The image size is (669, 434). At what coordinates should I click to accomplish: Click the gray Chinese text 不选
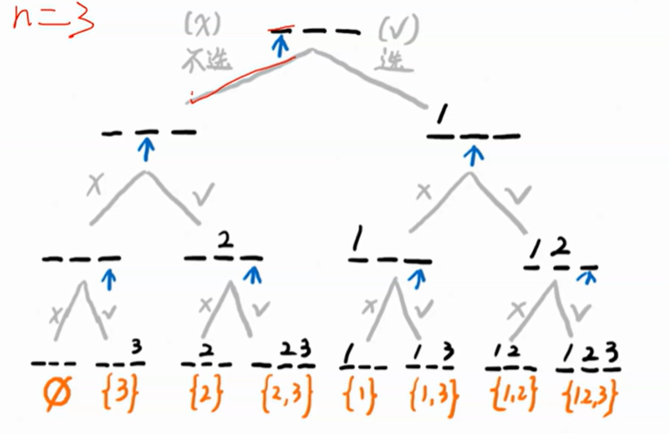pyautogui.click(x=202, y=58)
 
